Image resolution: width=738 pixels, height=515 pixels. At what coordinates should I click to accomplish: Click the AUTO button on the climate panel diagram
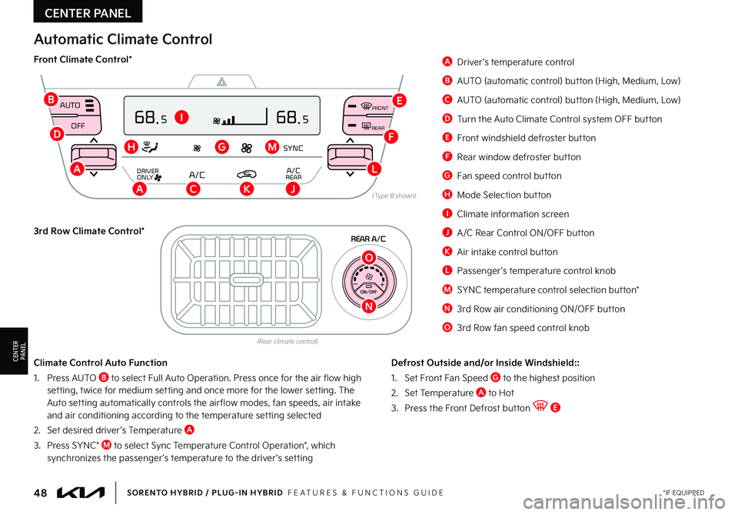tap(70, 105)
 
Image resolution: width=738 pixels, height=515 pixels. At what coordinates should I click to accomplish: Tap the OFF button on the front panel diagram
tap(78, 125)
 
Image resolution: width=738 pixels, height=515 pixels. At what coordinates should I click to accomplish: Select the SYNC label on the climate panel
tap(293, 147)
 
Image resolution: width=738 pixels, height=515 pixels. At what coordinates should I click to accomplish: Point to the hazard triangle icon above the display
tap(221, 82)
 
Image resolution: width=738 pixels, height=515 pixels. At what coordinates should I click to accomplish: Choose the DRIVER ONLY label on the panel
tap(148, 174)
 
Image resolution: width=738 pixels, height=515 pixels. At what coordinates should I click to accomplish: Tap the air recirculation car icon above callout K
tap(247, 175)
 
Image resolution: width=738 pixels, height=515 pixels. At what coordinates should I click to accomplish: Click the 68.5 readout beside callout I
tap(151, 118)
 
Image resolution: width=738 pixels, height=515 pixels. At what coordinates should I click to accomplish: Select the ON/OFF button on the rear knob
tap(368, 292)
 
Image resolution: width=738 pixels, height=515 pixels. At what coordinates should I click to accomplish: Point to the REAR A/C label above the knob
tap(367, 239)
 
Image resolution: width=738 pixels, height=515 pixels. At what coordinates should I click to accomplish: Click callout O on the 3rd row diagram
tap(369, 257)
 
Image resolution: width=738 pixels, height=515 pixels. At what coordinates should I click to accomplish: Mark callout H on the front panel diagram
tap(131, 146)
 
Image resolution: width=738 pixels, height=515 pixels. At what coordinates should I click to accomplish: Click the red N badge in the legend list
tap(447, 309)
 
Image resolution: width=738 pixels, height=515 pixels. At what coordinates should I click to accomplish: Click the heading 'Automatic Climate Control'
tap(123, 39)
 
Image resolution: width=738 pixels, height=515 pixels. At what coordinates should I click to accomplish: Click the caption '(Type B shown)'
tap(394, 196)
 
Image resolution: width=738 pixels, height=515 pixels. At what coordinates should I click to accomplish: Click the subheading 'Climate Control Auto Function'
tap(100, 362)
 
